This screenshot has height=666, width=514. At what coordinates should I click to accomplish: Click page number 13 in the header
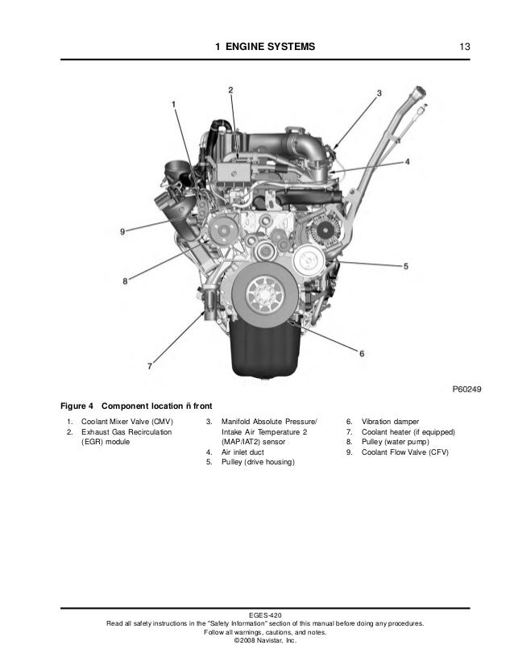coord(464,47)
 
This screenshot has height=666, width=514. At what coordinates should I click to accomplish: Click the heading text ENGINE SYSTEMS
coord(271,47)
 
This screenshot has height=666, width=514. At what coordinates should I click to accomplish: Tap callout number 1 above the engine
coord(173,104)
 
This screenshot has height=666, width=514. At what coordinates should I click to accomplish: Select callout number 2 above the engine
coord(230,90)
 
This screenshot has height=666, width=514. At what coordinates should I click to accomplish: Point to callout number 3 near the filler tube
coord(379,93)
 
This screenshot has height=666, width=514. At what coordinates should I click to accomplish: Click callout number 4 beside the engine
coord(407,162)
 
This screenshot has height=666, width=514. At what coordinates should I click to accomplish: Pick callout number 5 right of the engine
coord(406,266)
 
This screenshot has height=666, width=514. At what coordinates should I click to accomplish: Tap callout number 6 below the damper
coord(362,353)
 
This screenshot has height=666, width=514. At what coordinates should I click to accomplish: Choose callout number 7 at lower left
coord(150,366)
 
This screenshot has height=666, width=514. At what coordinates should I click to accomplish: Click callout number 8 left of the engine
coord(125,281)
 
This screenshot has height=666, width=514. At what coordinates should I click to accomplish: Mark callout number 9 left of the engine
coord(122,232)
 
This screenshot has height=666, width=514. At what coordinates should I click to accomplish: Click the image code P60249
coord(467,389)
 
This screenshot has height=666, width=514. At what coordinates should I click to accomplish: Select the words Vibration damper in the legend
coord(390,422)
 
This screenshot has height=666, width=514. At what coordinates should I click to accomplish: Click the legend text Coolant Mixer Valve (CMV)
coord(127,422)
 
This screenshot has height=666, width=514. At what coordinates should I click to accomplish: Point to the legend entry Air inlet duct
coord(242,452)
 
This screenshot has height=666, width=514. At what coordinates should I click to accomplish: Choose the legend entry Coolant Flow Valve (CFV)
coord(405,452)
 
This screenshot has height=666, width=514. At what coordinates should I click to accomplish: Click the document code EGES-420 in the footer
coord(265,615)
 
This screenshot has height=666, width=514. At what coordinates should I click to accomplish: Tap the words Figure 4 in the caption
coord(77,406)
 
